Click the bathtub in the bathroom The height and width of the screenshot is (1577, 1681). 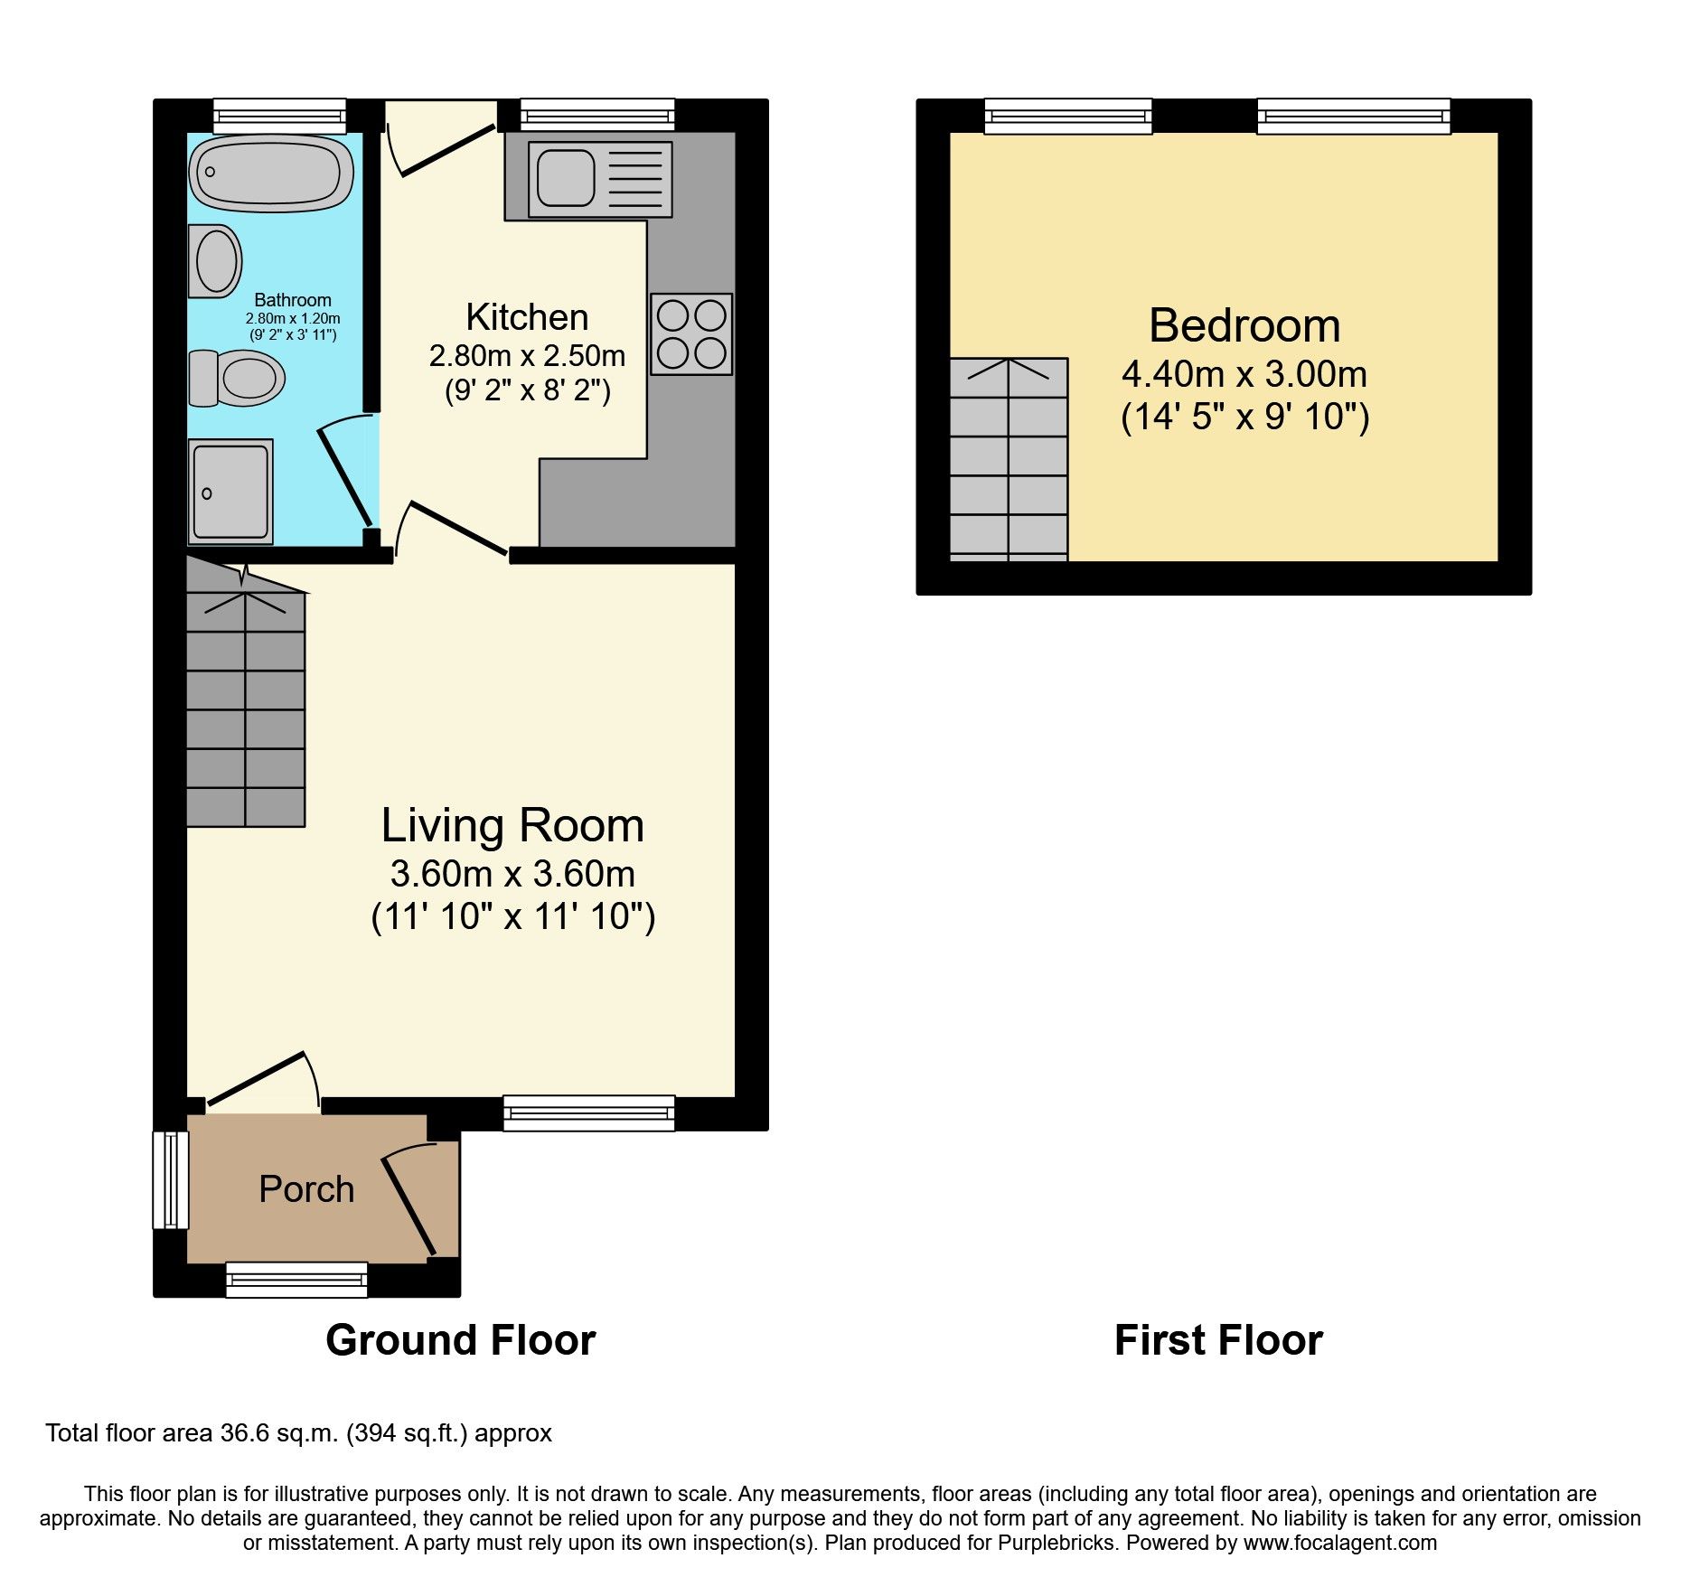coord(270,174)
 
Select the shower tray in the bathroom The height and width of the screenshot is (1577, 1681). coord(230,493)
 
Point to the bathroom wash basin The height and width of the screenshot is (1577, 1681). coord(215,261)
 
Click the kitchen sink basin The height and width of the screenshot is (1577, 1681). coord(566,178)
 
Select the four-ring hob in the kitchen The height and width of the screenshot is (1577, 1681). coord(691,333)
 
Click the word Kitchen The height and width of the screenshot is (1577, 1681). coord(527,317)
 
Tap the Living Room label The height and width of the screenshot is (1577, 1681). coord(512,825)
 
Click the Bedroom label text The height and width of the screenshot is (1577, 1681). coord(1244,325)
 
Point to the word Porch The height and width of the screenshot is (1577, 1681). coord(306,1189)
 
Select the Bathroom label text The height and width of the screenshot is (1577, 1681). coord(292,300)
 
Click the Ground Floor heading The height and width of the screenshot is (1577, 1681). coord(460,1340)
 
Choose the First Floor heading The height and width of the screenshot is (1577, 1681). coord(1218,1340)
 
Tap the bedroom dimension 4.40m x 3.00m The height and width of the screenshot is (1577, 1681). coord(1244,374)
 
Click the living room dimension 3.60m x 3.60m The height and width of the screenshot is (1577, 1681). coord(512,874)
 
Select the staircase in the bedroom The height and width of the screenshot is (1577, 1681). coord(1009,459)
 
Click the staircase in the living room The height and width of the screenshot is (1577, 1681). coord(245,705)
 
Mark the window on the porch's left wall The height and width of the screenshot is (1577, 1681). coord(170,1179)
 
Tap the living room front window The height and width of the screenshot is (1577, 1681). coord(588,1112)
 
